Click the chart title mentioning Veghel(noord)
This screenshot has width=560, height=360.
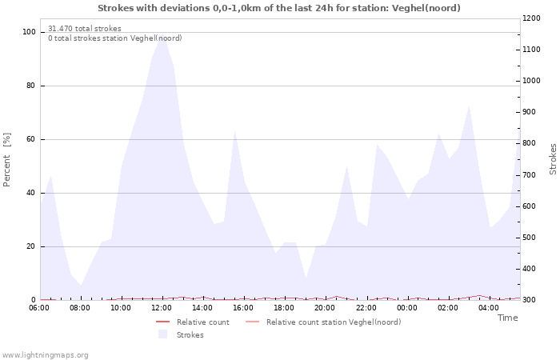click(279, 8)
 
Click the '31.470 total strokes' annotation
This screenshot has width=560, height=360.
click(85, 29)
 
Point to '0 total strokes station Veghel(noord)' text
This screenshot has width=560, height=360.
click(114, 38)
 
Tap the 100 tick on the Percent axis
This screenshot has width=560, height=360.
click(30, 32)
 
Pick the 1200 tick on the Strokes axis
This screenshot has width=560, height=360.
click(531, 18)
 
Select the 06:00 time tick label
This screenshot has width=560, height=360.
click(39, 308)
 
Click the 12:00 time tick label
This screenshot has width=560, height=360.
click(162, 308)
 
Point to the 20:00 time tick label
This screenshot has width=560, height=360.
click(325, 308)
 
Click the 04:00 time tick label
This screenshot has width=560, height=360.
click(488, 308)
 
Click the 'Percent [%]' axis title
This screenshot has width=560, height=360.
click(7, 160)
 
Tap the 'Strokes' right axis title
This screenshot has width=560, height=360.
click(553, 159)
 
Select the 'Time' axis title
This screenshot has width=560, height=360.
click(507, 318)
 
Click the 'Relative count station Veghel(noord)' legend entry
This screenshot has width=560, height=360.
click(333, 322)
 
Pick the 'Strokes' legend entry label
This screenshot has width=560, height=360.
click(190, 335)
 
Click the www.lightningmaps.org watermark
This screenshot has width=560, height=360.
click(45, 354)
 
